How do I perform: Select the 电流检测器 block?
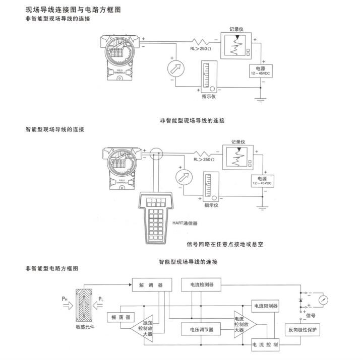pyautogui.click(x=202, y=284)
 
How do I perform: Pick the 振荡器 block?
pyautogui.click(x=119, y=318)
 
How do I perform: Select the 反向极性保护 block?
pyautogui.click(x=302, y=330)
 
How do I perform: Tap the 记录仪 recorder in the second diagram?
pyautogui.click(x=237, y=158)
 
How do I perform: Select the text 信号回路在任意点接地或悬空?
pyautogui.click(x=225, y=244)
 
